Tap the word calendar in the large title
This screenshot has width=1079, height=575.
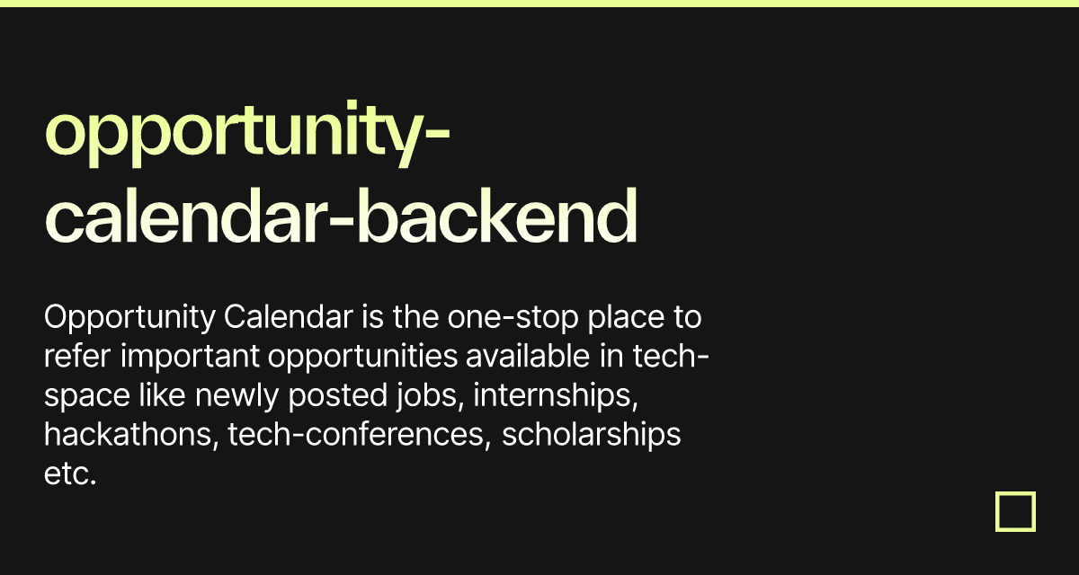tap(186, 216)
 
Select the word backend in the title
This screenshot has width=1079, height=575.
tap(496, 216)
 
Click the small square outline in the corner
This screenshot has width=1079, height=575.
tap(1015, 511)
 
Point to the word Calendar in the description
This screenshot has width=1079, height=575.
tap(288, 317)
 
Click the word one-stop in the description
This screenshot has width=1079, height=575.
tap(513, 318)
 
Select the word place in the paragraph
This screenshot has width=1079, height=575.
tap(626, 318)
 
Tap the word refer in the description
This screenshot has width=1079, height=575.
tap(77, 356)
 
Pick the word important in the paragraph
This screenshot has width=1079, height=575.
tap(191, 357)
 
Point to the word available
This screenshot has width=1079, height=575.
tap(528, 356)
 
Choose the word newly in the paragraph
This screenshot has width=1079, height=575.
tap(236, 396)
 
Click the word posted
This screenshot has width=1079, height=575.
tap(338, 396)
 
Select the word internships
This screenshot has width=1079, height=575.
tap(556, 396)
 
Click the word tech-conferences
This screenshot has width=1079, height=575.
tap(360, 435)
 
